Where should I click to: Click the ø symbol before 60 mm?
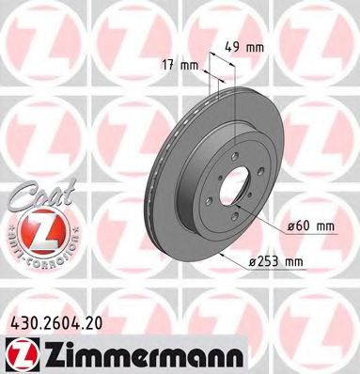pos(284,225)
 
